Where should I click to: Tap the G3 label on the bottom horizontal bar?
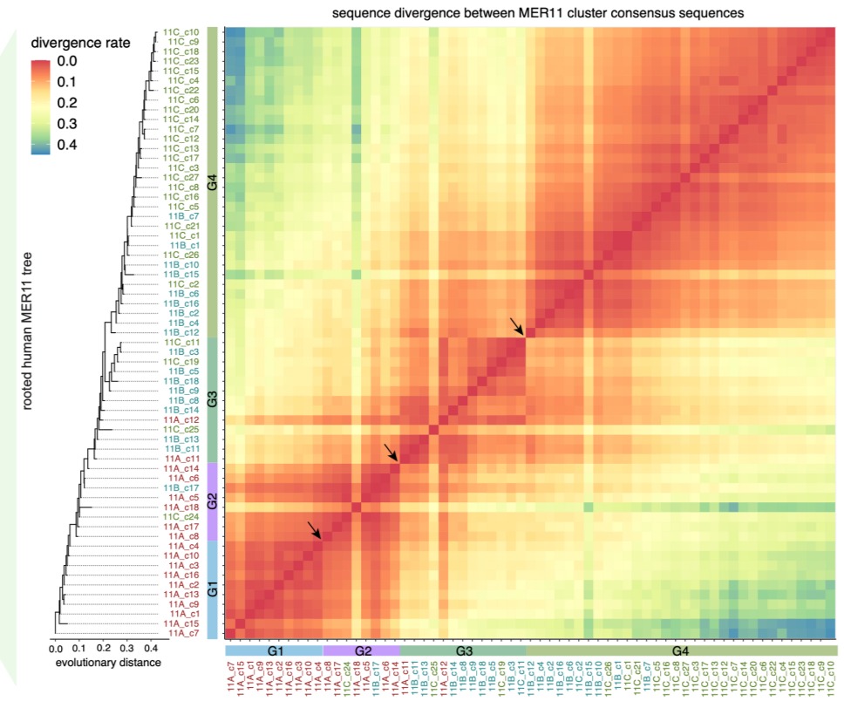tap(462, 651)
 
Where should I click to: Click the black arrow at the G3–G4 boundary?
tap(518, 326)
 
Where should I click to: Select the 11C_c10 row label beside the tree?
tap(181, 32)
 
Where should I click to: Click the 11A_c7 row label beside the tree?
tap(181, 633)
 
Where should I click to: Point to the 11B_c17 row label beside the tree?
tap(181, 487)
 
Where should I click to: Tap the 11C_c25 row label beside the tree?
tap(181, 429)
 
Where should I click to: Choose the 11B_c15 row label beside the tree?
tap(181, 274)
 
